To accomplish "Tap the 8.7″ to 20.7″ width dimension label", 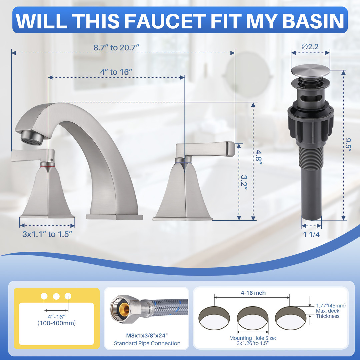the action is coord(116,48).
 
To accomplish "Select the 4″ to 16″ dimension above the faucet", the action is coord(116,72).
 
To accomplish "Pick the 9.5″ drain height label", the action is coord(348,145).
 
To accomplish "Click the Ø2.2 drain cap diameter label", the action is coord(310,47).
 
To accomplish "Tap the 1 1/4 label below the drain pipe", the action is coord(311,234).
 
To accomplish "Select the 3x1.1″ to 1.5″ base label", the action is coord(47,234).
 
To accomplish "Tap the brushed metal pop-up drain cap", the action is coord(310,70).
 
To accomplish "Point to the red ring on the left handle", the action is coord(48,164).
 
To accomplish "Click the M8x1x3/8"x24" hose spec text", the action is coord(147,335).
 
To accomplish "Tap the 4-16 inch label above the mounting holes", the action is coord(253,293).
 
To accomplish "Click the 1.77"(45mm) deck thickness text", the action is coord(331,306).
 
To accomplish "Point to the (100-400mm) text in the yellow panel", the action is coord(56,323).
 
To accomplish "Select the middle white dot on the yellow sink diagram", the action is coord(56,296).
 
